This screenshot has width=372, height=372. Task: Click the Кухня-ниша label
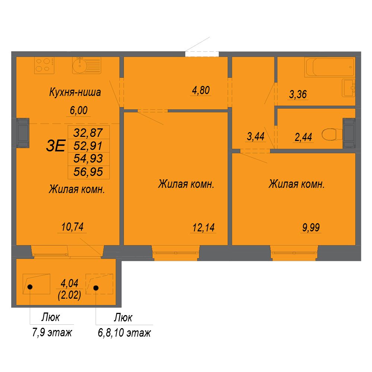[75, 92]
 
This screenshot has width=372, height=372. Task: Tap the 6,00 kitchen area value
[78, 110]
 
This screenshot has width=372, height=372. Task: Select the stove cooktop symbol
[44, 65]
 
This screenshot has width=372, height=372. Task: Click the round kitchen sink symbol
[79, 65]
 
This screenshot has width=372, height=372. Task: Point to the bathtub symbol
[330, 67]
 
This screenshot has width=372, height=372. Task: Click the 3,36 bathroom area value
[298, 94]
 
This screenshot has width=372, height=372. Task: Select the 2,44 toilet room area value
[303, 137]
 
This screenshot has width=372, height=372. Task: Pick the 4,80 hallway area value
[201, 90]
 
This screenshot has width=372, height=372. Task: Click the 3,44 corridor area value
[256, 137]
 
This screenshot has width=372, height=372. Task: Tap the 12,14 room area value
[203, 228]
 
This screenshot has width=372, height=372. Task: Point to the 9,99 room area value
[311, 228]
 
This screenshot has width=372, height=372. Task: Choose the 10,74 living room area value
[73, 227]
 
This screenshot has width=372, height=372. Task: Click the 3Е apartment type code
[55, 146]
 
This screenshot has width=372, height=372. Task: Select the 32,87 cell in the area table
[88, 133]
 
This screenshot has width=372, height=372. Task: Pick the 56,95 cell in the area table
[88, 172]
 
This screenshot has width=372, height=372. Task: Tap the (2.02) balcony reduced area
[70, 295]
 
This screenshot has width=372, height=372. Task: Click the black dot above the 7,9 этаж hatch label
[30, 287]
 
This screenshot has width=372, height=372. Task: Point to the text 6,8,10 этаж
[124, 333]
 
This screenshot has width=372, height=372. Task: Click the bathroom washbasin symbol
[348, 88]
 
